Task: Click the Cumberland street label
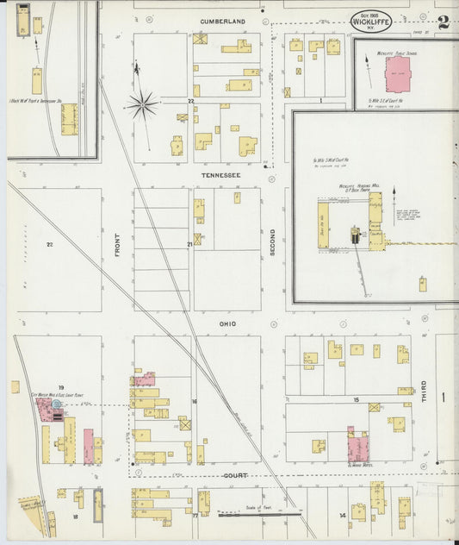click(222, 20)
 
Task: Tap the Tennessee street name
click(222, 175)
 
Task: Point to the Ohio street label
click(227, 323)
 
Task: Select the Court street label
click(235, 475)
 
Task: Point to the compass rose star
click(142, 105)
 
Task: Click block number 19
click(61, 387)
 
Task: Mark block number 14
click(342, 515)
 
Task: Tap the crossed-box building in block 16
click(183, 423)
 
